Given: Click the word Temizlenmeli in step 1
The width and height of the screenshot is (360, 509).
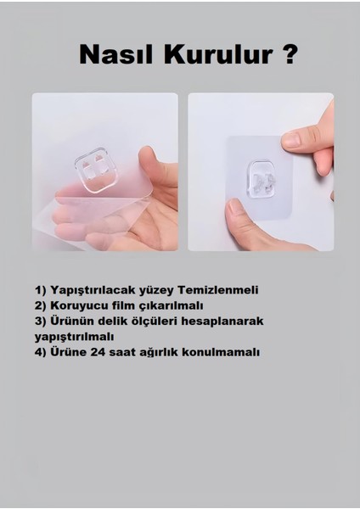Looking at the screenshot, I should coord(218,290).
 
